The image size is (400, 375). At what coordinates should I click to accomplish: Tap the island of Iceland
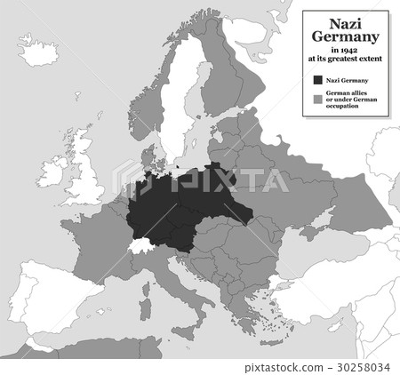click(37, 52)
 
